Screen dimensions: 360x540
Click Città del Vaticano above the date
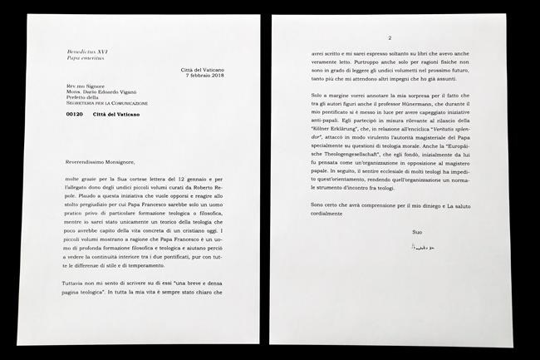[204, 69]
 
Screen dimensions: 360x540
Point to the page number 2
[389, 38]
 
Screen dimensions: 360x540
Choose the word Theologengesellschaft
[341, 170]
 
